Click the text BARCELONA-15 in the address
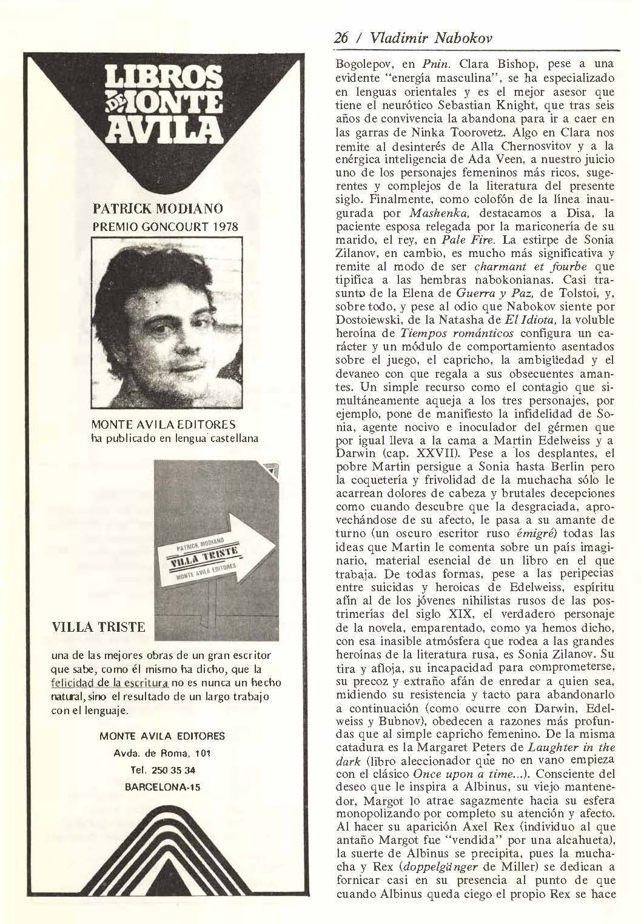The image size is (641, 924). pyautogui.click(x=162, y=787)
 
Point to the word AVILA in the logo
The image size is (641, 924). pyautogui.click(x=163, y=129)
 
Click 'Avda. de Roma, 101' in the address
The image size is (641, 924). pyautogui.click(x=162, y=753)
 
